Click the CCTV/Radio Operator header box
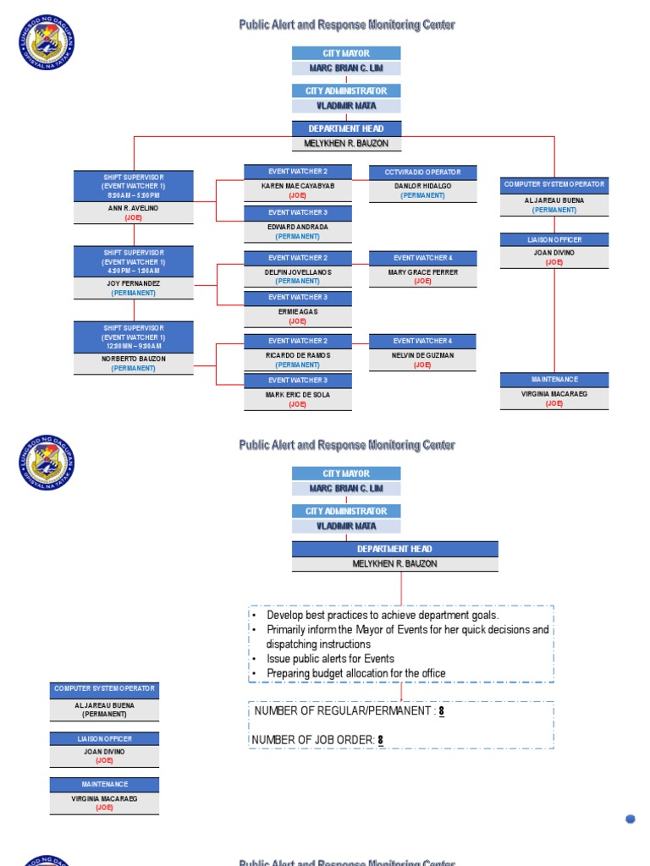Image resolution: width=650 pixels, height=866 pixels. coord(422,172)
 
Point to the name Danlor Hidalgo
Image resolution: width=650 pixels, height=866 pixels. coord(422,185)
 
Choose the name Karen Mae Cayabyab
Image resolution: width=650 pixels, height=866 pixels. coord(298,185)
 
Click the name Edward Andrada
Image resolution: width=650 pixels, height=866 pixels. coord(298,227)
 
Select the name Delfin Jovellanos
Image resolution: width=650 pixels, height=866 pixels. coord(298,271)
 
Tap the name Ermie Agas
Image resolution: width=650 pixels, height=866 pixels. coord(298,312)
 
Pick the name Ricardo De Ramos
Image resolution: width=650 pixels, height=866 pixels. coord(298,355)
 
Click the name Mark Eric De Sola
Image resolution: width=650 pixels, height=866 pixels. coord(298,394)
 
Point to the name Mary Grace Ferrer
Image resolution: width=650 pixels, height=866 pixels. coord(422,271)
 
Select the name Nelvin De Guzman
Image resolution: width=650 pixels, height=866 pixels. coord(422,355)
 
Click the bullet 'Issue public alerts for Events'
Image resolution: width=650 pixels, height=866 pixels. coord(330,659)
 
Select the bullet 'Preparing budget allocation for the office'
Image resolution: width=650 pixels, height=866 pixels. coord(355,673)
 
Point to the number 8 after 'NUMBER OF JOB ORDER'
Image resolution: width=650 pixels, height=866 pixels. coord(381,740)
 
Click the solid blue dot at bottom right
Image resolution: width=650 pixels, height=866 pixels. coord(631,818)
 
